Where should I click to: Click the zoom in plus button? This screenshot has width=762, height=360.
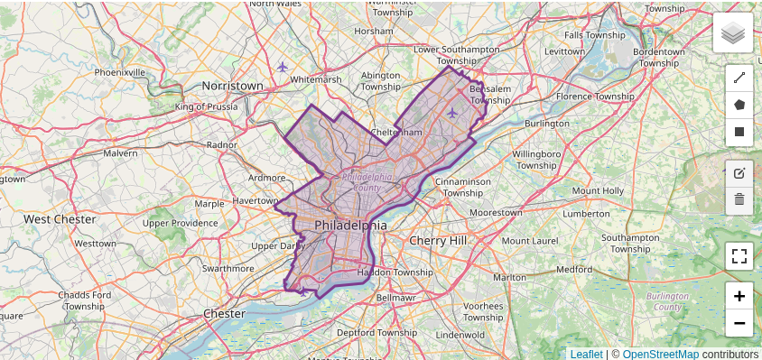point(739,296)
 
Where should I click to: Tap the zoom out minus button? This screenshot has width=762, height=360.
point(739,322)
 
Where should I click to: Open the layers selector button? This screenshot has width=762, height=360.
point(732,34)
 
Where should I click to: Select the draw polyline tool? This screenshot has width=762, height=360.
point(739,78)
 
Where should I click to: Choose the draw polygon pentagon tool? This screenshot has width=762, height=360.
point(739,105)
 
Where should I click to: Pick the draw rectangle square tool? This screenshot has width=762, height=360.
point(739,132)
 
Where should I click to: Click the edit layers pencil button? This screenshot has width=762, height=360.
point(739,173)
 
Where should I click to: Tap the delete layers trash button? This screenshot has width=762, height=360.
point(739,199)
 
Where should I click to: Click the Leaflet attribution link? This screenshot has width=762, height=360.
point(586,354)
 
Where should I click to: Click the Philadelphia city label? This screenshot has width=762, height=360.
point(350,225)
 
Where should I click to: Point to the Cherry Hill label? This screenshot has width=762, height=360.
point(438,241)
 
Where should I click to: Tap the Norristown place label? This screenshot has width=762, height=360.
point(232,86)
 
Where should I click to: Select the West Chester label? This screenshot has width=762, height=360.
point(60,219)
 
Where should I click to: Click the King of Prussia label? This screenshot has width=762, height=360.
point(206,106)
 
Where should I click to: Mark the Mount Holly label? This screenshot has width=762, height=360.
point(598,190)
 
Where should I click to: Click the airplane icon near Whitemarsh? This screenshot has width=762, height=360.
point(283,67)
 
